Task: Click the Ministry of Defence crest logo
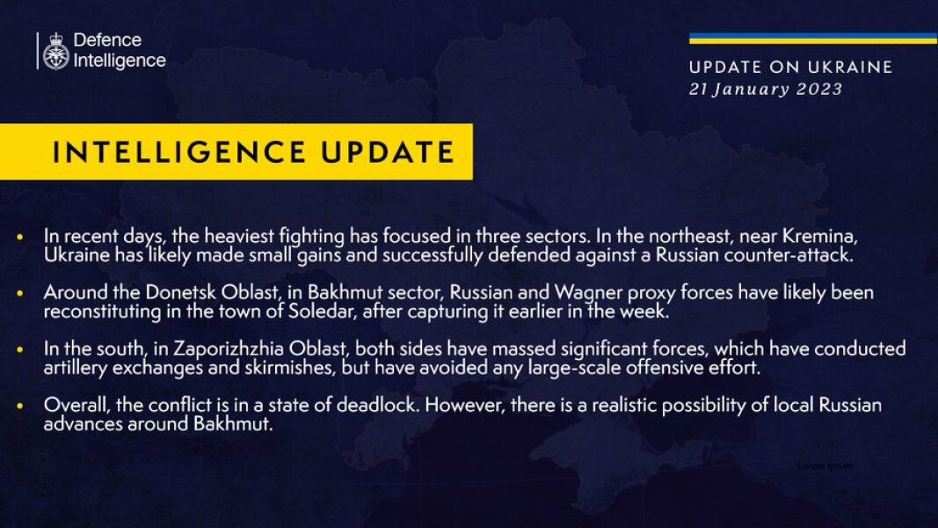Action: click(x=55, y=51)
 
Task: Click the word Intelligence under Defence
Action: click(x=120, y=61)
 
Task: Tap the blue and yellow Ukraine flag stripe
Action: click(x=812, y=39)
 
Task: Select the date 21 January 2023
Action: click(x=766, y=89)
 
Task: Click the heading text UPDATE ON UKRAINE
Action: click(x=790, y=68)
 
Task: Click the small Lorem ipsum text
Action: click(x=825, y=466)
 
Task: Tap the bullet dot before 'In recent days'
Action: click(x=21, y=238)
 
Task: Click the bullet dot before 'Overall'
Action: click(x=21, y=407)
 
